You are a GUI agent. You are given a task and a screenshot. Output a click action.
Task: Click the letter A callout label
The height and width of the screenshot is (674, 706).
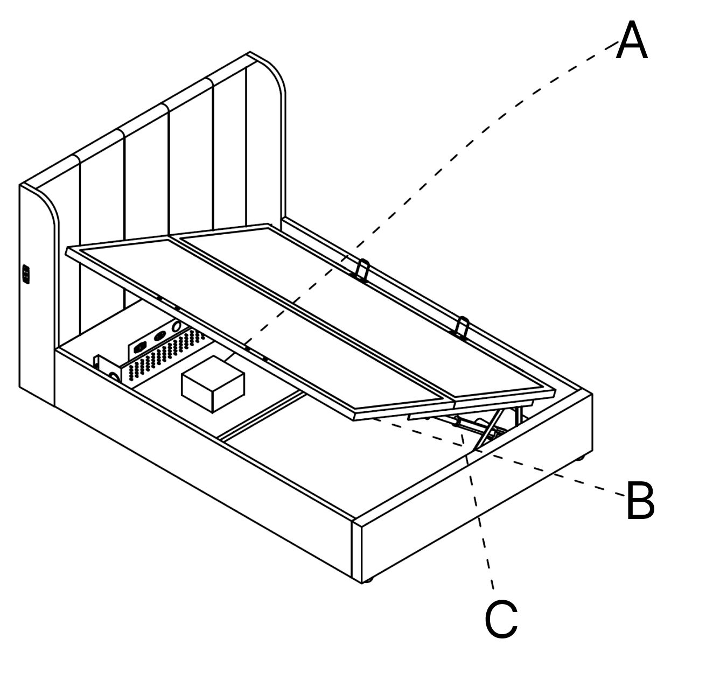(631, 41)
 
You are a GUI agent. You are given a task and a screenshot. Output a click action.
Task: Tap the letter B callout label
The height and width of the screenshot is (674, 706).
(640, 501)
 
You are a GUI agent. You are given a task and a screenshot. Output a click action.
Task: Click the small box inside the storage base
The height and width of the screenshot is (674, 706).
(213, 383)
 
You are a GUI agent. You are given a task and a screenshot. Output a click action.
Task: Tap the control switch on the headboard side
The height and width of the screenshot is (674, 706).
(25, 275)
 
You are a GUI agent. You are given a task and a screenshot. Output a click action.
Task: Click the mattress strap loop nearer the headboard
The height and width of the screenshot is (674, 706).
(364, 269)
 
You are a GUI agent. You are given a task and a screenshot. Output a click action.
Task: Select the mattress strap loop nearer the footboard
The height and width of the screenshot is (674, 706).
(463, 327)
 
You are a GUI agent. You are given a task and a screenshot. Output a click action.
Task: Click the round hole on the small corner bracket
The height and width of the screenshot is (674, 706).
(114, 376)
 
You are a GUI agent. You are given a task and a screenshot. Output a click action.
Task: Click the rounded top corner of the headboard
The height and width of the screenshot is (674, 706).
(269, 70)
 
